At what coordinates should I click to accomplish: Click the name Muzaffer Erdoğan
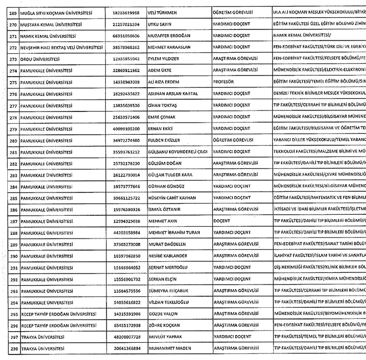pos(169,36)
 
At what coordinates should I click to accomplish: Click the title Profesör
pos(225,83)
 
